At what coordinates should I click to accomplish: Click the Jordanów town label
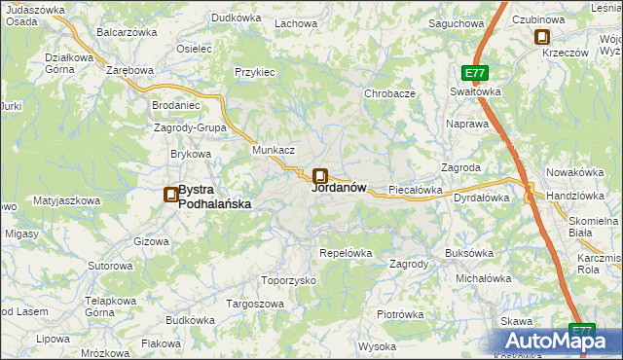tap(339, 189)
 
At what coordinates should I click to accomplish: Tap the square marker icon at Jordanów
tap(319, 176)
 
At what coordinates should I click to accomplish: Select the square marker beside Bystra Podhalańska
tap(170, 195)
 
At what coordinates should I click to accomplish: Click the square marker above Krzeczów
tap(542, 38)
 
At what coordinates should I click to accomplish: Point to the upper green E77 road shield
tap(474, 74)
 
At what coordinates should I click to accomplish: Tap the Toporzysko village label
tap(289, 280)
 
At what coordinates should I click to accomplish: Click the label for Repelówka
tap(347, 253)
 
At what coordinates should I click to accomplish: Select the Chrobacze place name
tap(389, 94)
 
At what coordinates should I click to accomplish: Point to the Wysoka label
tap(377, 346)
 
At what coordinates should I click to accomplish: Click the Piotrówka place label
tap(400, 314)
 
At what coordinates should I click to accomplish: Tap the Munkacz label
tap(274, 151)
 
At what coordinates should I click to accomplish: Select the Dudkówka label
tap(238, 18)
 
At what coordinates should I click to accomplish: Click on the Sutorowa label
tap(110, 266)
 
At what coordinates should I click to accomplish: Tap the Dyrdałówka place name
tap(482, 198)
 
